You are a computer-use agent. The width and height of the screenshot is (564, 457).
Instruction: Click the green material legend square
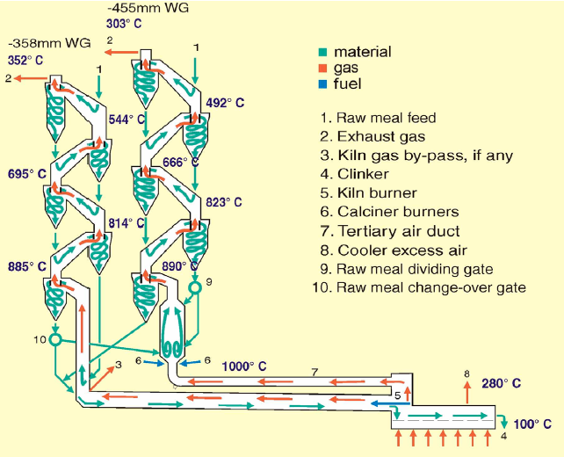324,53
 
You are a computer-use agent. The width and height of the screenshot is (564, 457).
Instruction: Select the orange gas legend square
324,69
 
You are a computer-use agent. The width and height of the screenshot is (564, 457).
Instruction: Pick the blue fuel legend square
324,84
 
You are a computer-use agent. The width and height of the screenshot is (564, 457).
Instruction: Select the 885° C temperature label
29,266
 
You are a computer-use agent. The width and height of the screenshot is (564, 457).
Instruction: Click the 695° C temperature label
29,175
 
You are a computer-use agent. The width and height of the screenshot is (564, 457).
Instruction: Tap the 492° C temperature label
225,103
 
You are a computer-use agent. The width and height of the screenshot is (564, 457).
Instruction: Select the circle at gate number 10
54,339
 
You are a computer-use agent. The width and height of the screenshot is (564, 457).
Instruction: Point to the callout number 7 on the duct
315,373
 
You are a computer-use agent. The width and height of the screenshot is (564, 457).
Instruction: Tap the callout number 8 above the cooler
466,374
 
